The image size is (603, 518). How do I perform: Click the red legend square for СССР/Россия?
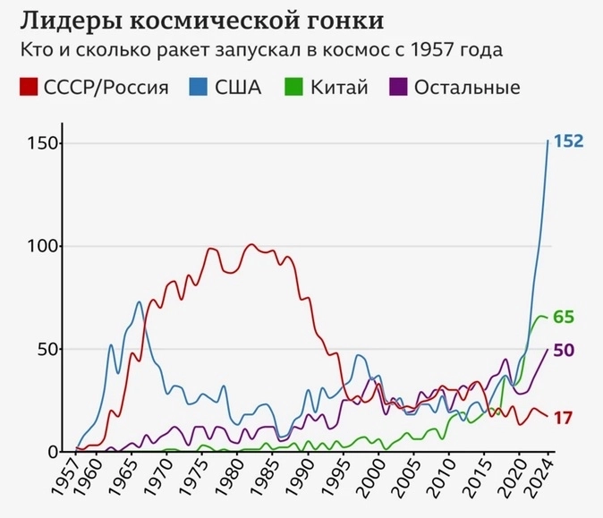pos(28,87)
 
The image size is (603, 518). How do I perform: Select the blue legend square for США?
pos(198,87)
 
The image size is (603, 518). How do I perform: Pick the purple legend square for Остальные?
pos(399,87)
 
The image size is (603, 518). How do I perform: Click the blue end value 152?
pos(569,141)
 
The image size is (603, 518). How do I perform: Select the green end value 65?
pos(565,318)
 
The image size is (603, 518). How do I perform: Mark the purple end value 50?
pos(565,350)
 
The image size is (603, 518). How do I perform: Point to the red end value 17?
pos(564,418)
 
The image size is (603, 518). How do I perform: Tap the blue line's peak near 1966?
pos(139,302)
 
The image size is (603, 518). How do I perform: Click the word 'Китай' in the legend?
pos(340,88)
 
